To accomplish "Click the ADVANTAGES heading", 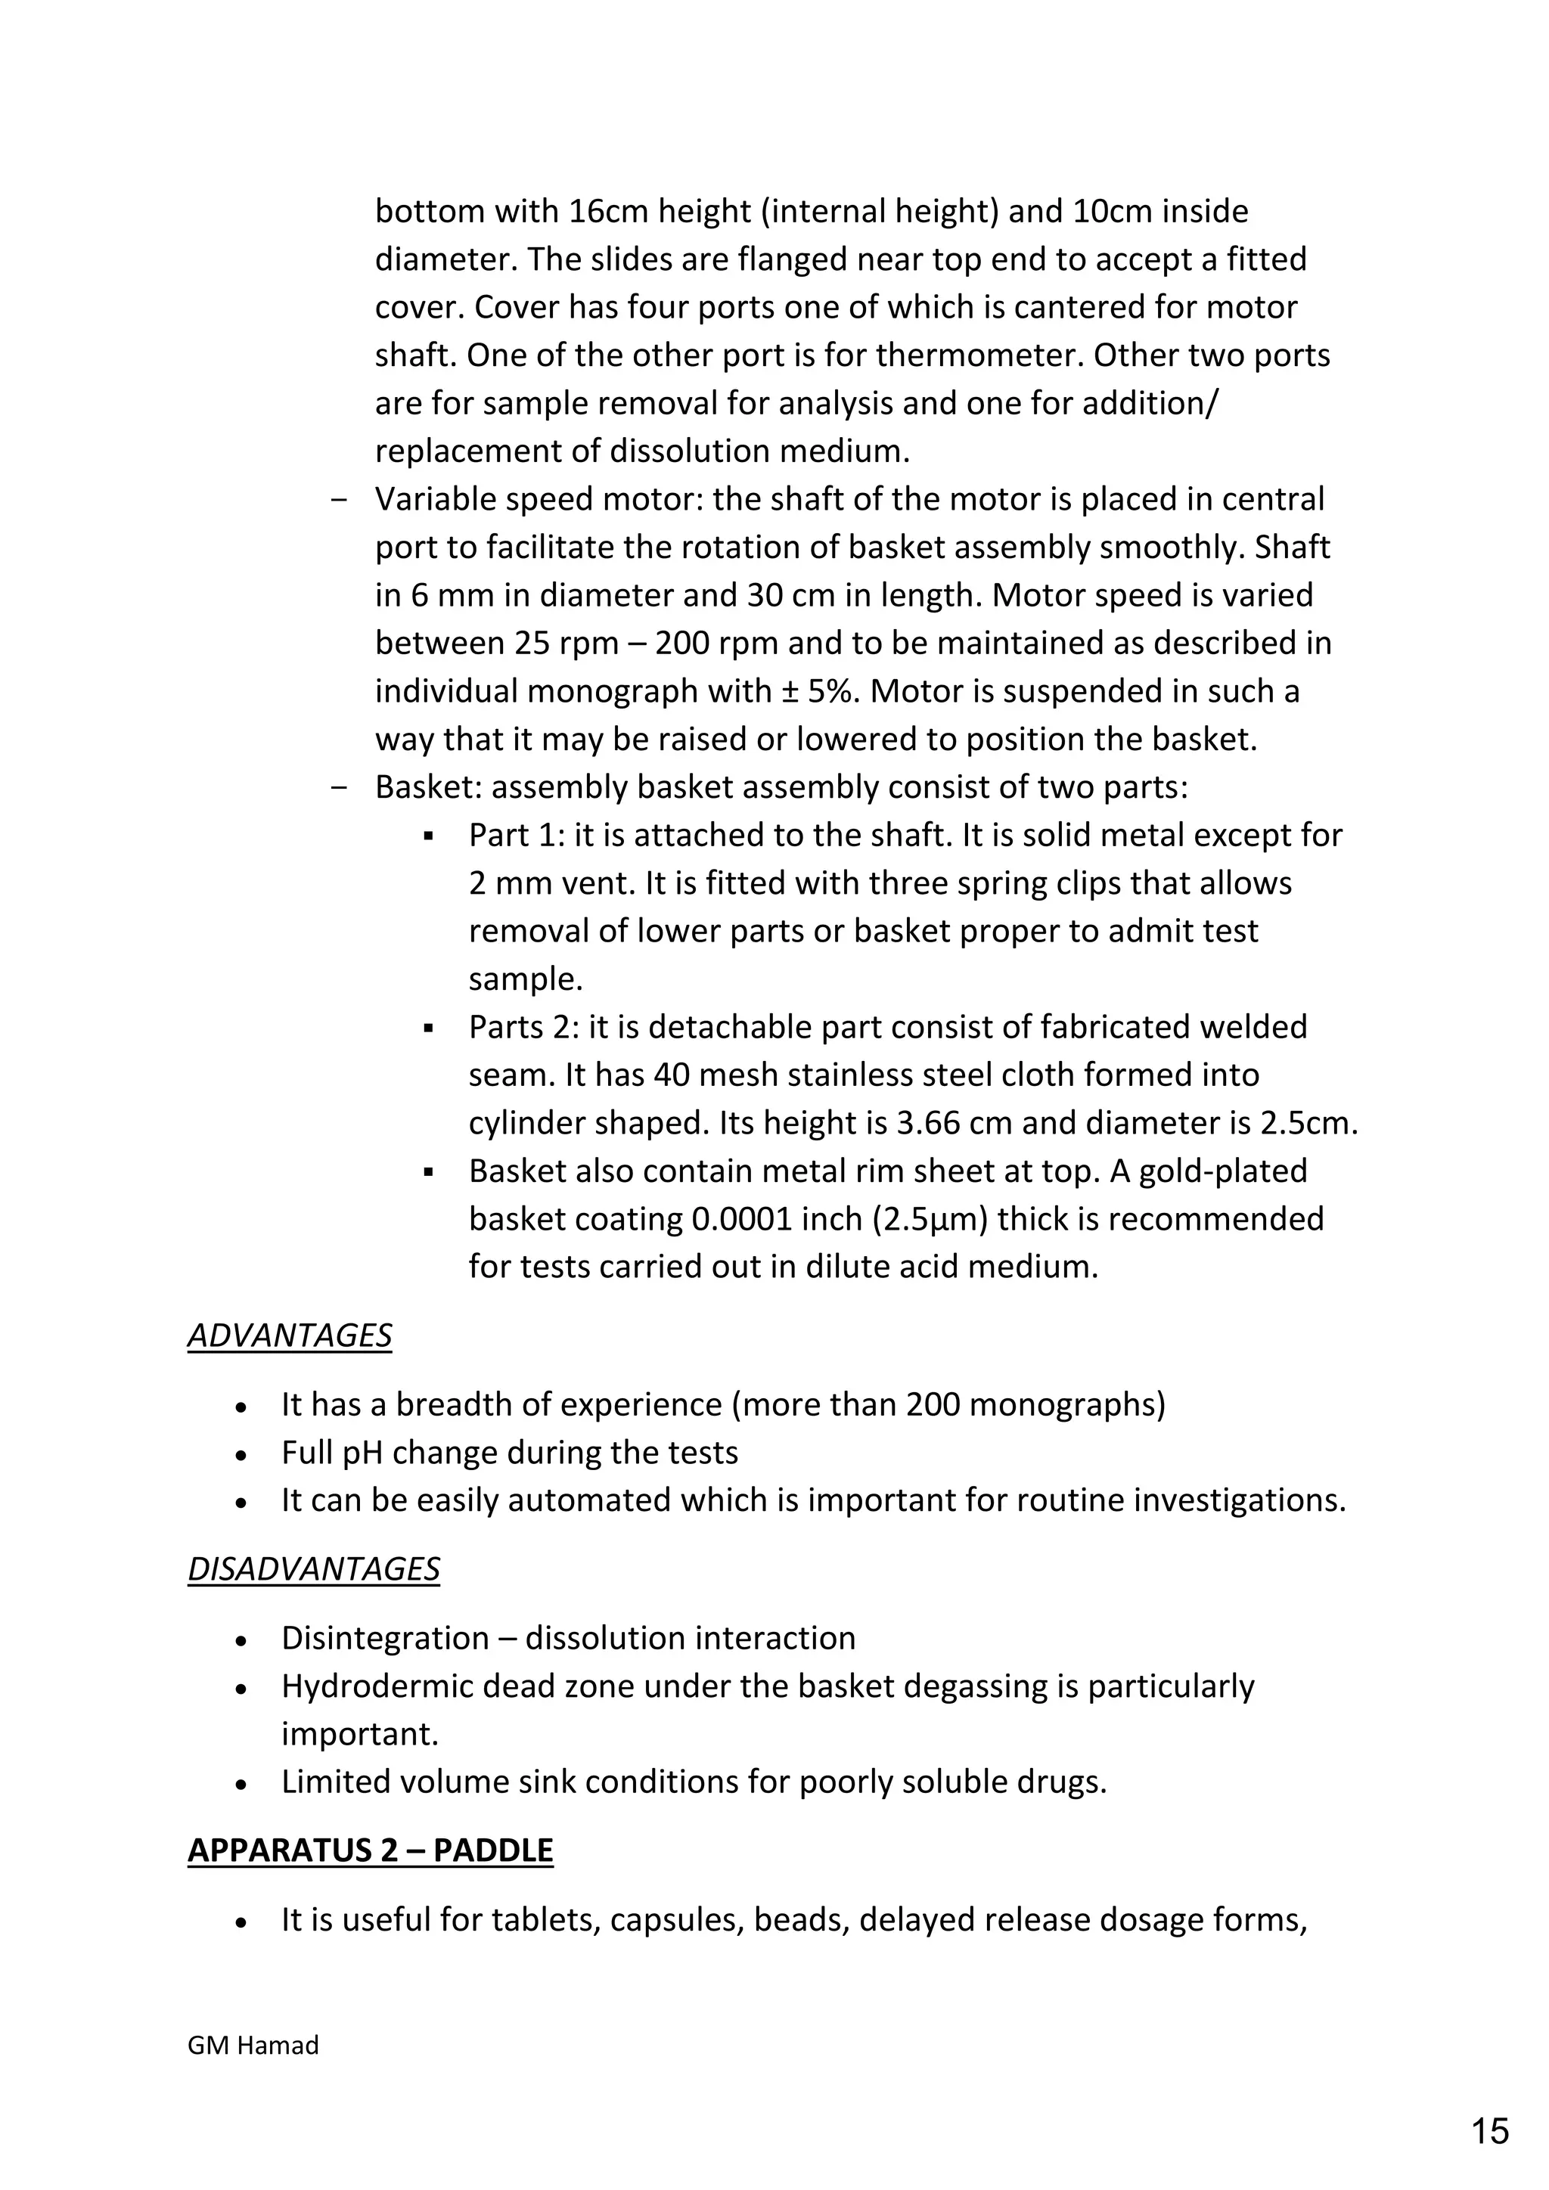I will [289, 1335].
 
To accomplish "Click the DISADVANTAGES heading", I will [313, 1569].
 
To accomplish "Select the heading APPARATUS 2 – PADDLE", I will [370, 1850].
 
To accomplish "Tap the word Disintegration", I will [384, 1638].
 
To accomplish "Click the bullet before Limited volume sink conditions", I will [241, 1782].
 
